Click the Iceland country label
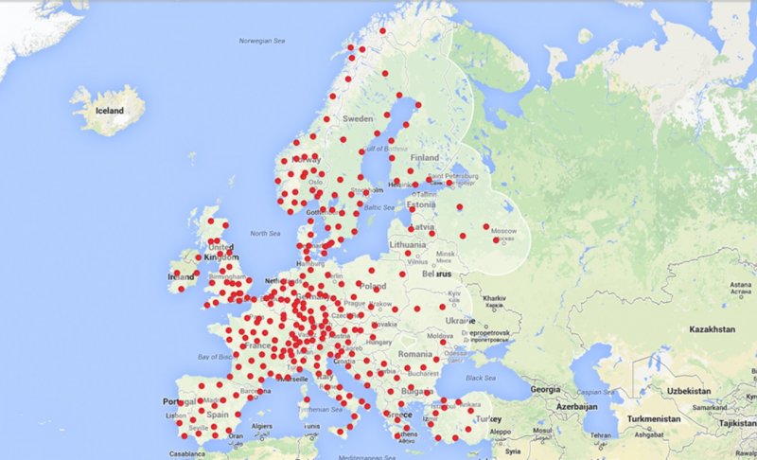pyautogui.click(x=110, y=111)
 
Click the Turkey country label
pyautogui.click(x=487, y=419)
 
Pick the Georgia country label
pyautogui.click(x=546, y=389)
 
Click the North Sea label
pyautogui.click(x=264, y=233)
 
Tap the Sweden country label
pyautogui.click(x=357, y=119)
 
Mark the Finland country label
pyautogui.click(x=425, y=157)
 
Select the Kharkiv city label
pyautogui.click(x=495, y=297)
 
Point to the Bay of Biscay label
pyautogui.click(x=213, y=356)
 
